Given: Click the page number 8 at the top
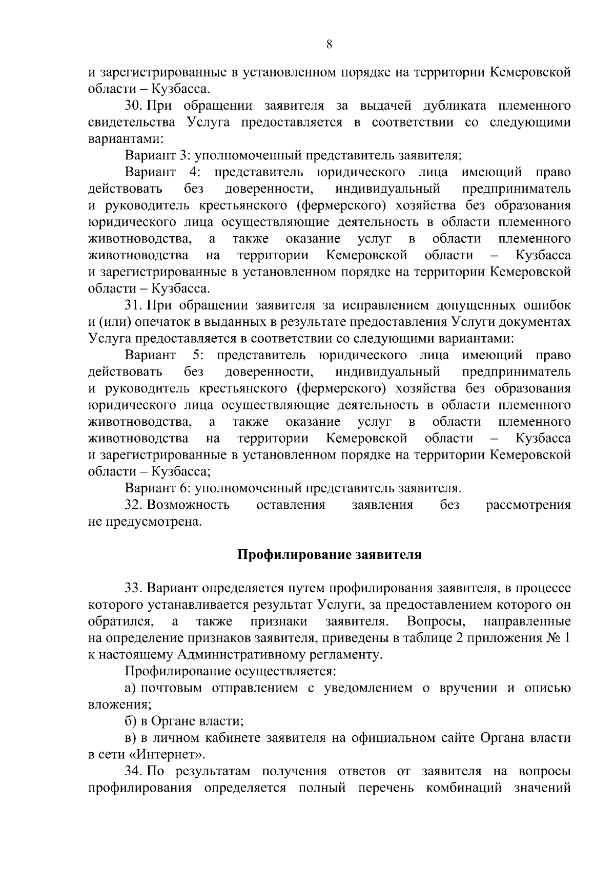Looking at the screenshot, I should [329, 45].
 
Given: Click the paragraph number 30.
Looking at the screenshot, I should [134, 106].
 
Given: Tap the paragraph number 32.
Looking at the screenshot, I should [134, 505].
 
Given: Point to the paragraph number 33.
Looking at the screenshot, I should [134, 588].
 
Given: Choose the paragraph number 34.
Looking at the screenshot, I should [134, 771].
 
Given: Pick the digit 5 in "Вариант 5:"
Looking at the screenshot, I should [196, 356].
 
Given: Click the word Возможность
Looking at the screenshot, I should [188, 505].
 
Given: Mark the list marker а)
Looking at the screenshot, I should [131, 688].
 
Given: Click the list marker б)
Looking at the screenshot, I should [131, 721].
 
